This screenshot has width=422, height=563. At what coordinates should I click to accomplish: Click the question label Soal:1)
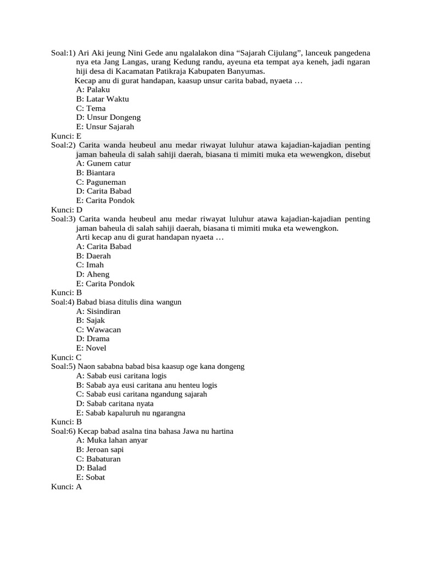pyautogui.click(x=63, y=53)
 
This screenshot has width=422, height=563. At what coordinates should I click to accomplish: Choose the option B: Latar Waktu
pyautogui.click(x=103, y=99)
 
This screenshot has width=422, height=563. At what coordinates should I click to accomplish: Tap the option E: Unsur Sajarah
pyautogui.click(x=105, y=126)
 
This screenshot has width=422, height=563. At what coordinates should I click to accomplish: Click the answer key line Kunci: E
pyautogui.click(x=66, y=136)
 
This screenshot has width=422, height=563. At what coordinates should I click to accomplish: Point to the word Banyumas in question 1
pyautogui.click(x=248, y=71)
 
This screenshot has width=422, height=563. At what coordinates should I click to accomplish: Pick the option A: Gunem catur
pyautogui.click(x=104, y=163)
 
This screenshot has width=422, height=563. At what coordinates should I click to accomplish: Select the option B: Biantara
pyautogui.click(x=96, y=173)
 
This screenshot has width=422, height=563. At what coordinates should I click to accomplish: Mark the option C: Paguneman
pyautogui.click(x=101, y=182)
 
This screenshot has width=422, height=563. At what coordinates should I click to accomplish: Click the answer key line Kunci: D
pyautogui.click(x=66, y=209)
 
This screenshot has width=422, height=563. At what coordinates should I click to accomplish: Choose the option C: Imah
pyautogui.click(x=90, y=265)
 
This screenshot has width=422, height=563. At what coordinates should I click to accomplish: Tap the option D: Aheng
pyautogui.click(x=93, y=274)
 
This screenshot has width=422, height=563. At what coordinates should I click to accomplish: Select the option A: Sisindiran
pyautogui.click(x=98, y=311)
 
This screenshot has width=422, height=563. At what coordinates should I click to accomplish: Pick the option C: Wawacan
pyautogui.click(x=99, y=330)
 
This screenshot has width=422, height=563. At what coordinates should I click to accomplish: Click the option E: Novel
pyautogui.click(x=91, y=348)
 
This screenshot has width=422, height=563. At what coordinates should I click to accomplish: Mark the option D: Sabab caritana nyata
pyautogui.click(x=115, y=404)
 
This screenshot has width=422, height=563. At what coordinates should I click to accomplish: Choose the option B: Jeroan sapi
pyautogui.click(x=100, y=450)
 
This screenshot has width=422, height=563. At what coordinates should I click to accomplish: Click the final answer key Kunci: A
pyautogui.click(x=66, y=487)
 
